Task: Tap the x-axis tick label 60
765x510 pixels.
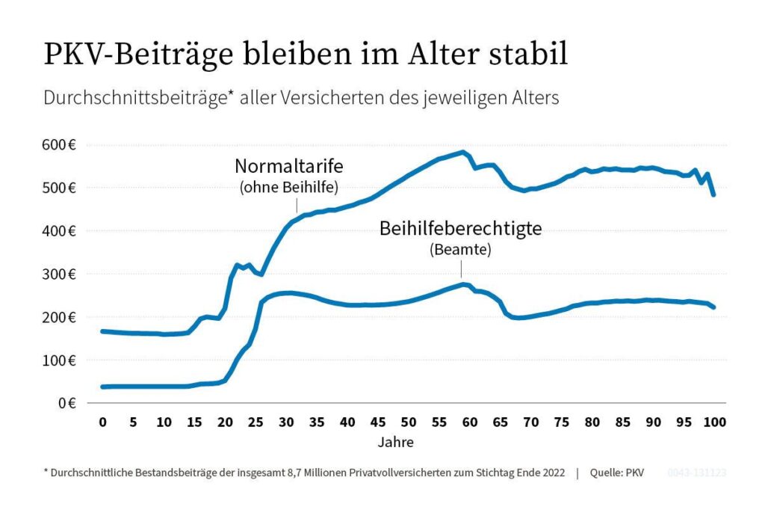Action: pos(469,423)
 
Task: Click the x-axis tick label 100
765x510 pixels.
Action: pos(715,423)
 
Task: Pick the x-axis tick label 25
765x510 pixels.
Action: pos(255,423)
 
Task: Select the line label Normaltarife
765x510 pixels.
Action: pos(287,166)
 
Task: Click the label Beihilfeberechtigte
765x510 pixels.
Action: pos(460,229)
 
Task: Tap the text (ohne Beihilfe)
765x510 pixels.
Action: pos(287,188)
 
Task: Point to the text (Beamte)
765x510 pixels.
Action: pos(460,250)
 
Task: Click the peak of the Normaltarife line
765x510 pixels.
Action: pos(463,153)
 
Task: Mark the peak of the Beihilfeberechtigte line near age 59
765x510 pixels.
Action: pos(463,284)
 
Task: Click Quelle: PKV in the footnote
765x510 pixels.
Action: pos(617,473)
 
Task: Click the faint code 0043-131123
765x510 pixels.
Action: pos(696,473)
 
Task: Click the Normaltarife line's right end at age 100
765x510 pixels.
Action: pos(714,194)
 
